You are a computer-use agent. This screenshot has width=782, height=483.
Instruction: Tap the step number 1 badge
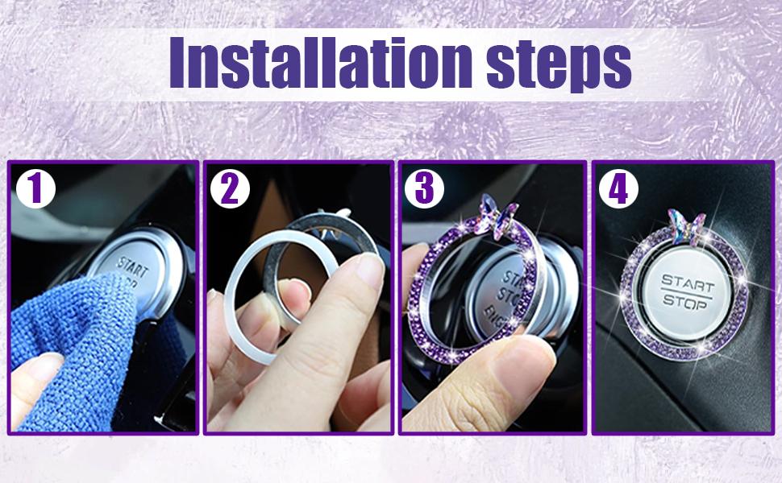point(35,190)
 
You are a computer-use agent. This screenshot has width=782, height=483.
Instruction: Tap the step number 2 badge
point(230,190)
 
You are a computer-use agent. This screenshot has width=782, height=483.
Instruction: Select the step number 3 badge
point(424,190)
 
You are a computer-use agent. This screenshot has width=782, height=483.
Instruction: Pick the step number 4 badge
point(618,190)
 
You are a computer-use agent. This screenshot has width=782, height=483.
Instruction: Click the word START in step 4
point(687,281)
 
